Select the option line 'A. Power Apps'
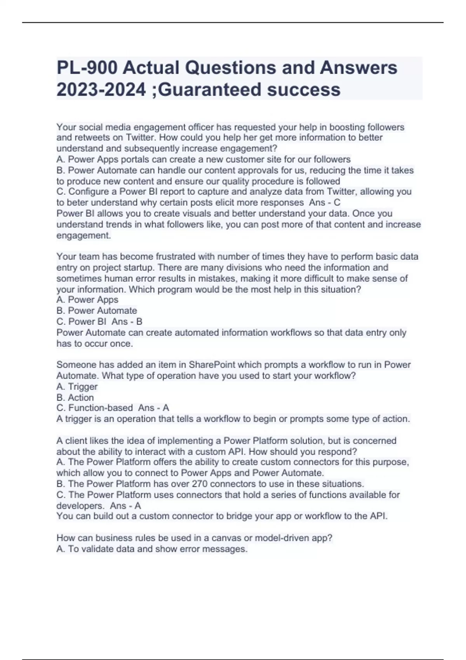click(87, 300)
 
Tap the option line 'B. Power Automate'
click(97, 311)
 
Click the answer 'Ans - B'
click(127, 322)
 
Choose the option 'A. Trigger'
click(77, 387)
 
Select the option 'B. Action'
click(75, 398)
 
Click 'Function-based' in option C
click(101, 408)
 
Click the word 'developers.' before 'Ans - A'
click(81, 506)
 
